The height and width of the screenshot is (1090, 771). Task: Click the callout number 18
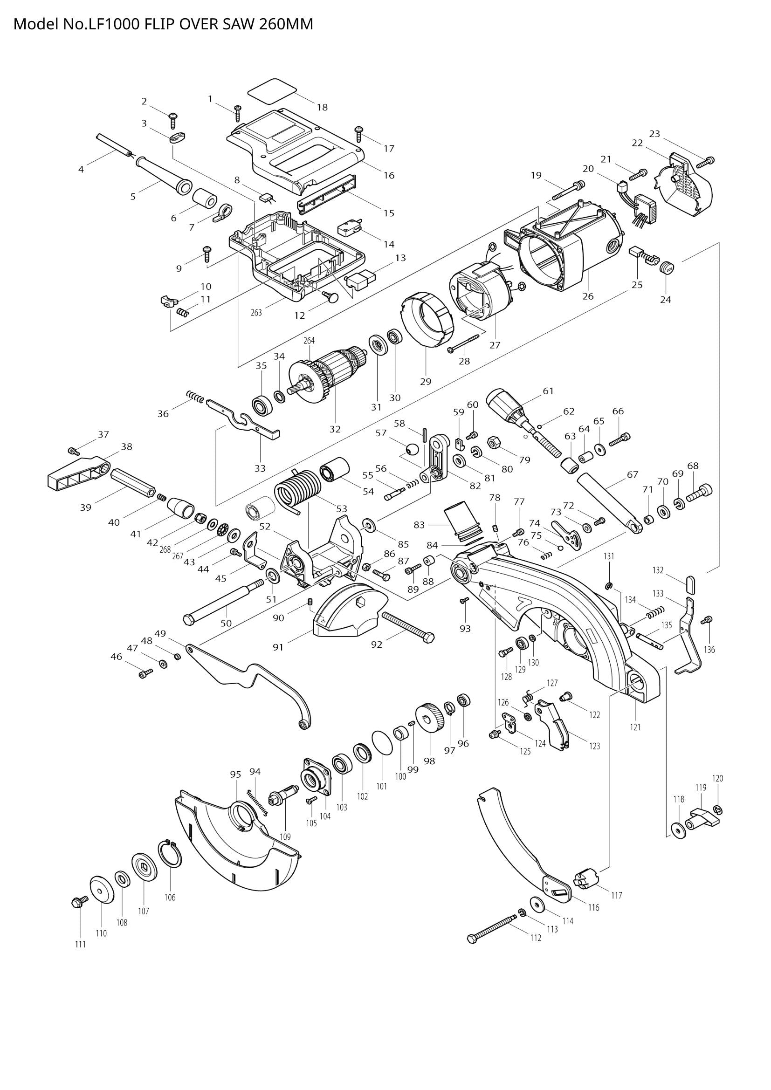322,107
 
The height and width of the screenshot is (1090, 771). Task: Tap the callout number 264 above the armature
309,340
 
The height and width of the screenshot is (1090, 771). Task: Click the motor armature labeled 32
328,375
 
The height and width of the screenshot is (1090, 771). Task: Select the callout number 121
635,727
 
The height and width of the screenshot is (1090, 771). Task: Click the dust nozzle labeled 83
462,522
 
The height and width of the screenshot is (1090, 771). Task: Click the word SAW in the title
240,24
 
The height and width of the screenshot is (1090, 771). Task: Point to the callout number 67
633,474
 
